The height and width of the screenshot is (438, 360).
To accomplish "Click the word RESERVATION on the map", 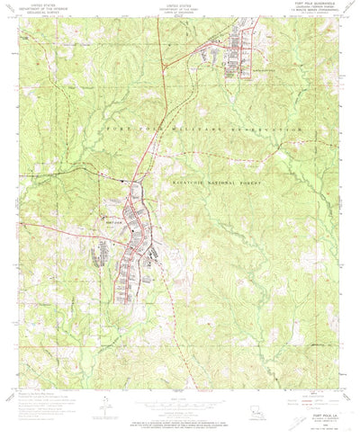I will (x=260, y=131).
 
